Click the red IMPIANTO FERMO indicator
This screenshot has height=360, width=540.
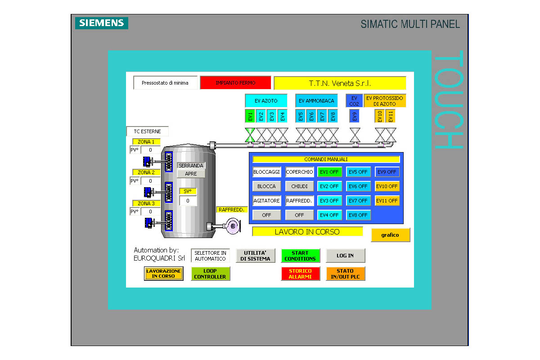coord(235,83)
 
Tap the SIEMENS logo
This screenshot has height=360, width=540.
coord(102,23)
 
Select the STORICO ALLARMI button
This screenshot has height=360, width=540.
coord(300,274)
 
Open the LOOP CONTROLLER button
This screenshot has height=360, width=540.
coord(210,274)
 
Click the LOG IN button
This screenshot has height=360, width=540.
coord(345,256)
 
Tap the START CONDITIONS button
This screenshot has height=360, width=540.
coord(300,256)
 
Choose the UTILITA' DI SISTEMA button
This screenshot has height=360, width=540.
coord(256,256)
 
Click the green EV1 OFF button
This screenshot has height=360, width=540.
coord(329,172)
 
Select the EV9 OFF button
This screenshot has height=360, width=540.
coord(387,172)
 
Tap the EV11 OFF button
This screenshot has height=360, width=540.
coord(387,201)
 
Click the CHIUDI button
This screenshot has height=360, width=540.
coord(299,186)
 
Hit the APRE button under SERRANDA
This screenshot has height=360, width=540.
coord(191,174)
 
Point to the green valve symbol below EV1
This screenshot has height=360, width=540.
coord(250,135)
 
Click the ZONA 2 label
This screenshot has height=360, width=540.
coord(146,172)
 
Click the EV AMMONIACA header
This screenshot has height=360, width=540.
coord(316,101)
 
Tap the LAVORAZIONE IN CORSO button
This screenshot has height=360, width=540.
coord(164,274)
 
